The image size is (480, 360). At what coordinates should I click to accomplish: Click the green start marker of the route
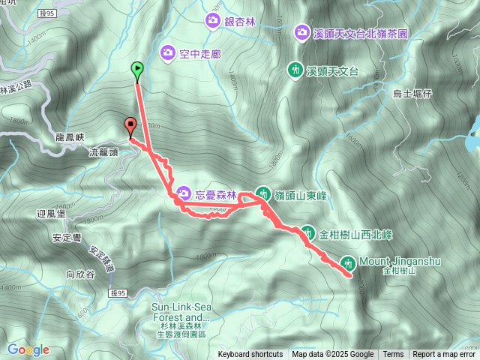(137, 70)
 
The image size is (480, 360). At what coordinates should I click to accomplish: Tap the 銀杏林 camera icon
(213, 21)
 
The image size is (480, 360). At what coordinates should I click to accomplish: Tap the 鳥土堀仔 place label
(413, 94)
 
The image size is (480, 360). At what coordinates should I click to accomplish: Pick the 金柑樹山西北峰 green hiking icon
(308, 232)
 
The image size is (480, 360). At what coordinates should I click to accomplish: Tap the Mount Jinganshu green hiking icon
(347, 262)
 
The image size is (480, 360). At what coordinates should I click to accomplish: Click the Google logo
(28, 349)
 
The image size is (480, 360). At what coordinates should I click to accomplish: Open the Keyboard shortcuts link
(250, 355)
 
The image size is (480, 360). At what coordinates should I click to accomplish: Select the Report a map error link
(445, 355)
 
